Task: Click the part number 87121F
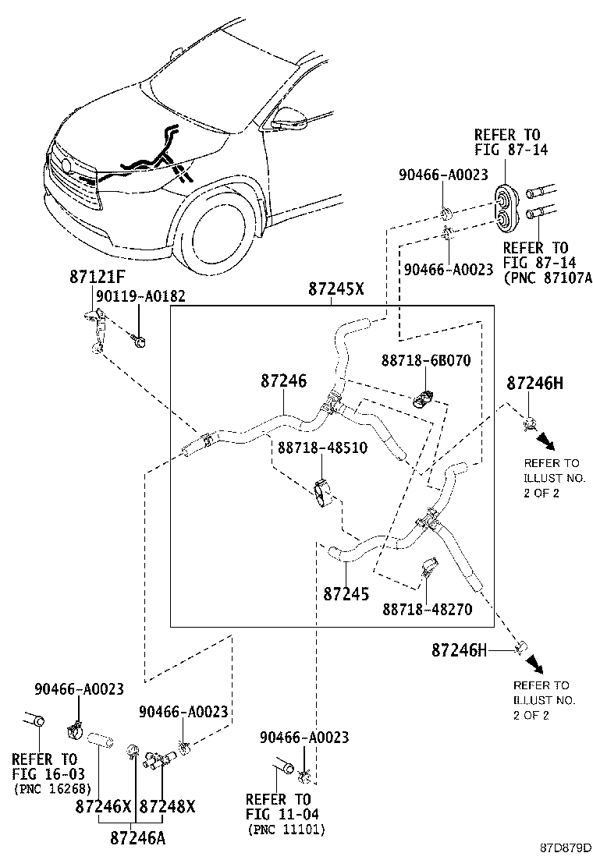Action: [96, 278]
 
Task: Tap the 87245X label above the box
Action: [336, 288]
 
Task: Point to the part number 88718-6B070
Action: [426, 362]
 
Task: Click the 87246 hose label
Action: [283, 381]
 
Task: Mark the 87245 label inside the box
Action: [346, 594]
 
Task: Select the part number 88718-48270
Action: [427, 609]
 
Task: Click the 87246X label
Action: [104, 806]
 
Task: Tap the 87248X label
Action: [167, 806]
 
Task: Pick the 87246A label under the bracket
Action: [137, 839]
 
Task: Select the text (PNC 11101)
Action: [285, 830]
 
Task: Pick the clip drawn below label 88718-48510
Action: [321, 494]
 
